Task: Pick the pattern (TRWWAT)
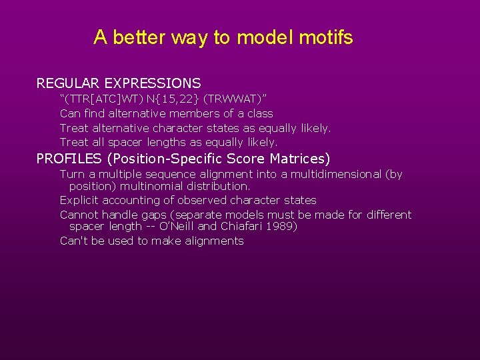[235, 99]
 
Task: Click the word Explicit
[79, 200]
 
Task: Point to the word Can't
[74, 241]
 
